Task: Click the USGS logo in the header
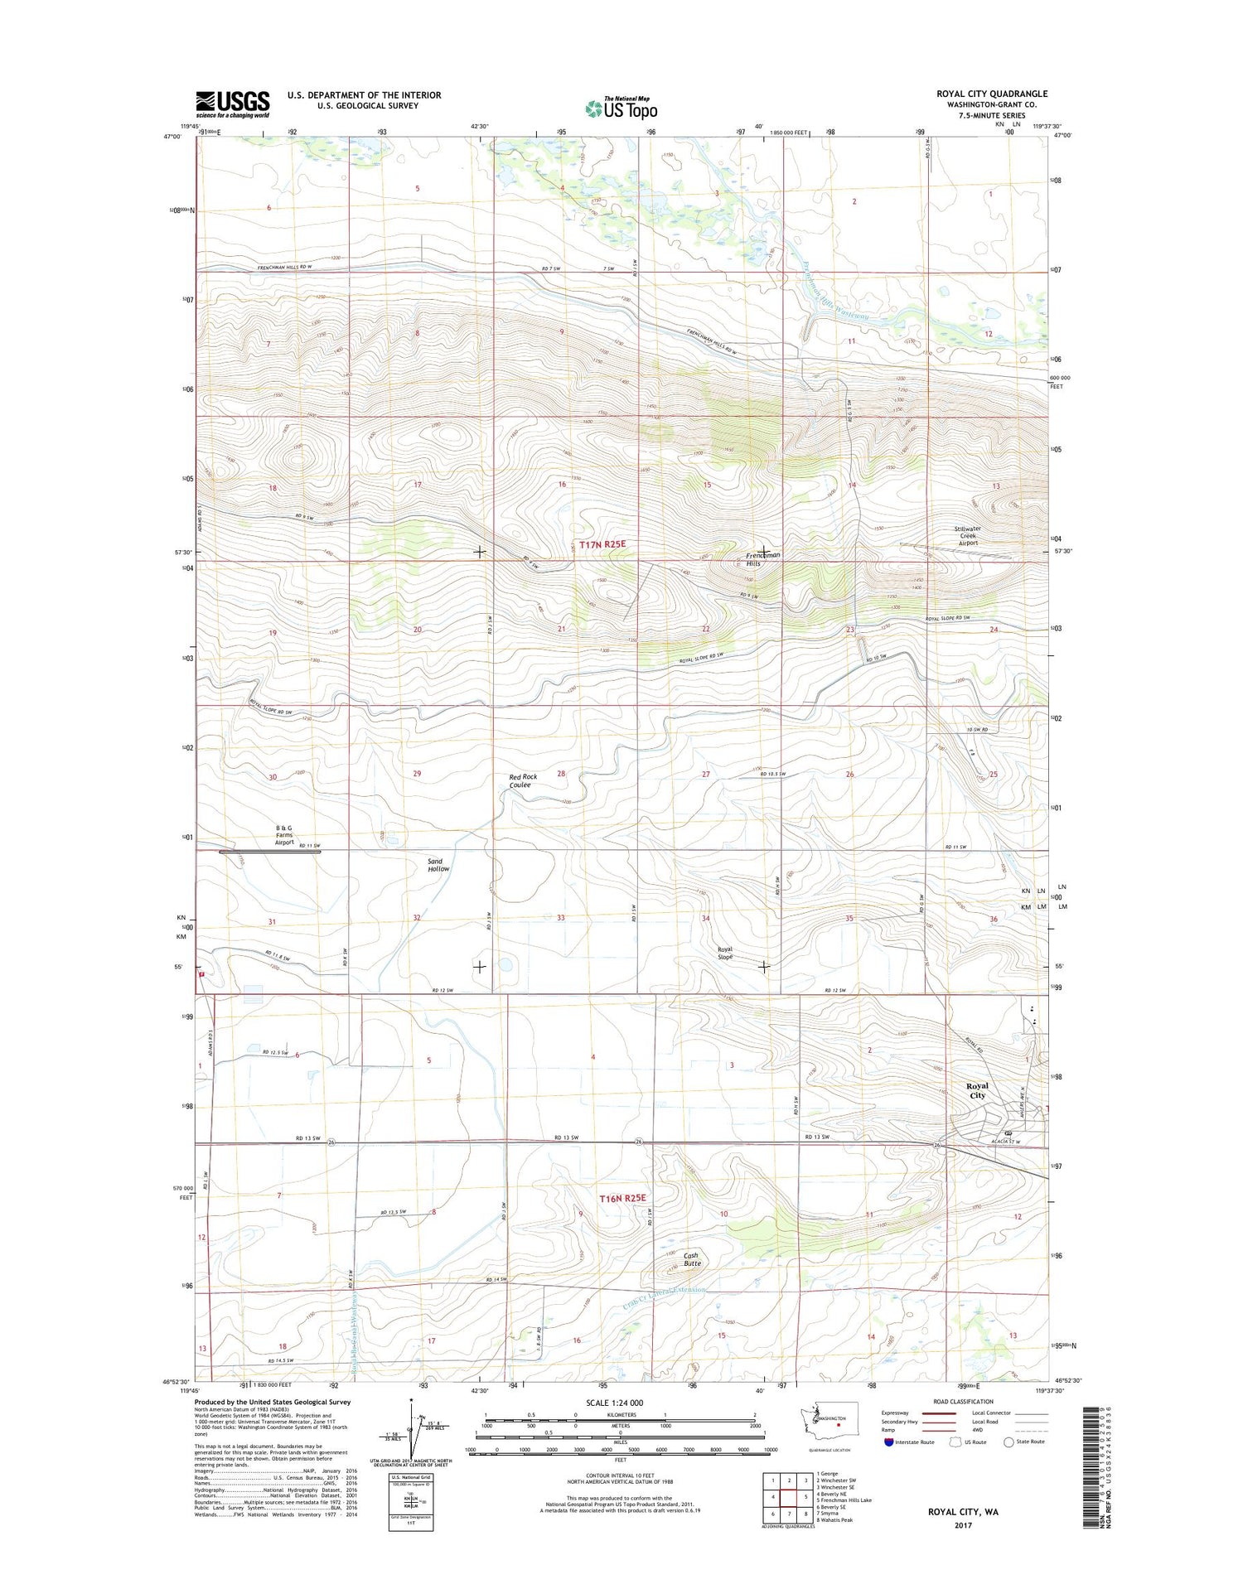click(x=232, y=104)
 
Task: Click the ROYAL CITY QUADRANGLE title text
click(x=992, y=94)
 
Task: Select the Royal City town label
click(x=977, y=1090)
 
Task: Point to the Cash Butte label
click(x=692, y=1258)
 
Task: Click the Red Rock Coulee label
click(x=523, y=780)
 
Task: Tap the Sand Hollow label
click(x=438, y=865)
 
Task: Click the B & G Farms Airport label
click(x=283, y=834)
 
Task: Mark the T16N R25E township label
click(x=621, y=1198)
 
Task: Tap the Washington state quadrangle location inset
click(x=825, y=1429)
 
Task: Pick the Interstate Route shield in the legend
click(x=889, y=1442)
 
